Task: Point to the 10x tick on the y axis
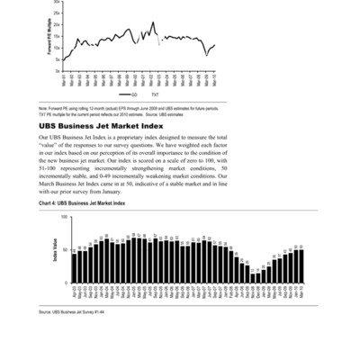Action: coord(57,48)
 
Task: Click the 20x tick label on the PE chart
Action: coord(57,25)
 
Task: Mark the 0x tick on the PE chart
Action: coord(58,70)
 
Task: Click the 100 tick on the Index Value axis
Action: coord(64,217)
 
